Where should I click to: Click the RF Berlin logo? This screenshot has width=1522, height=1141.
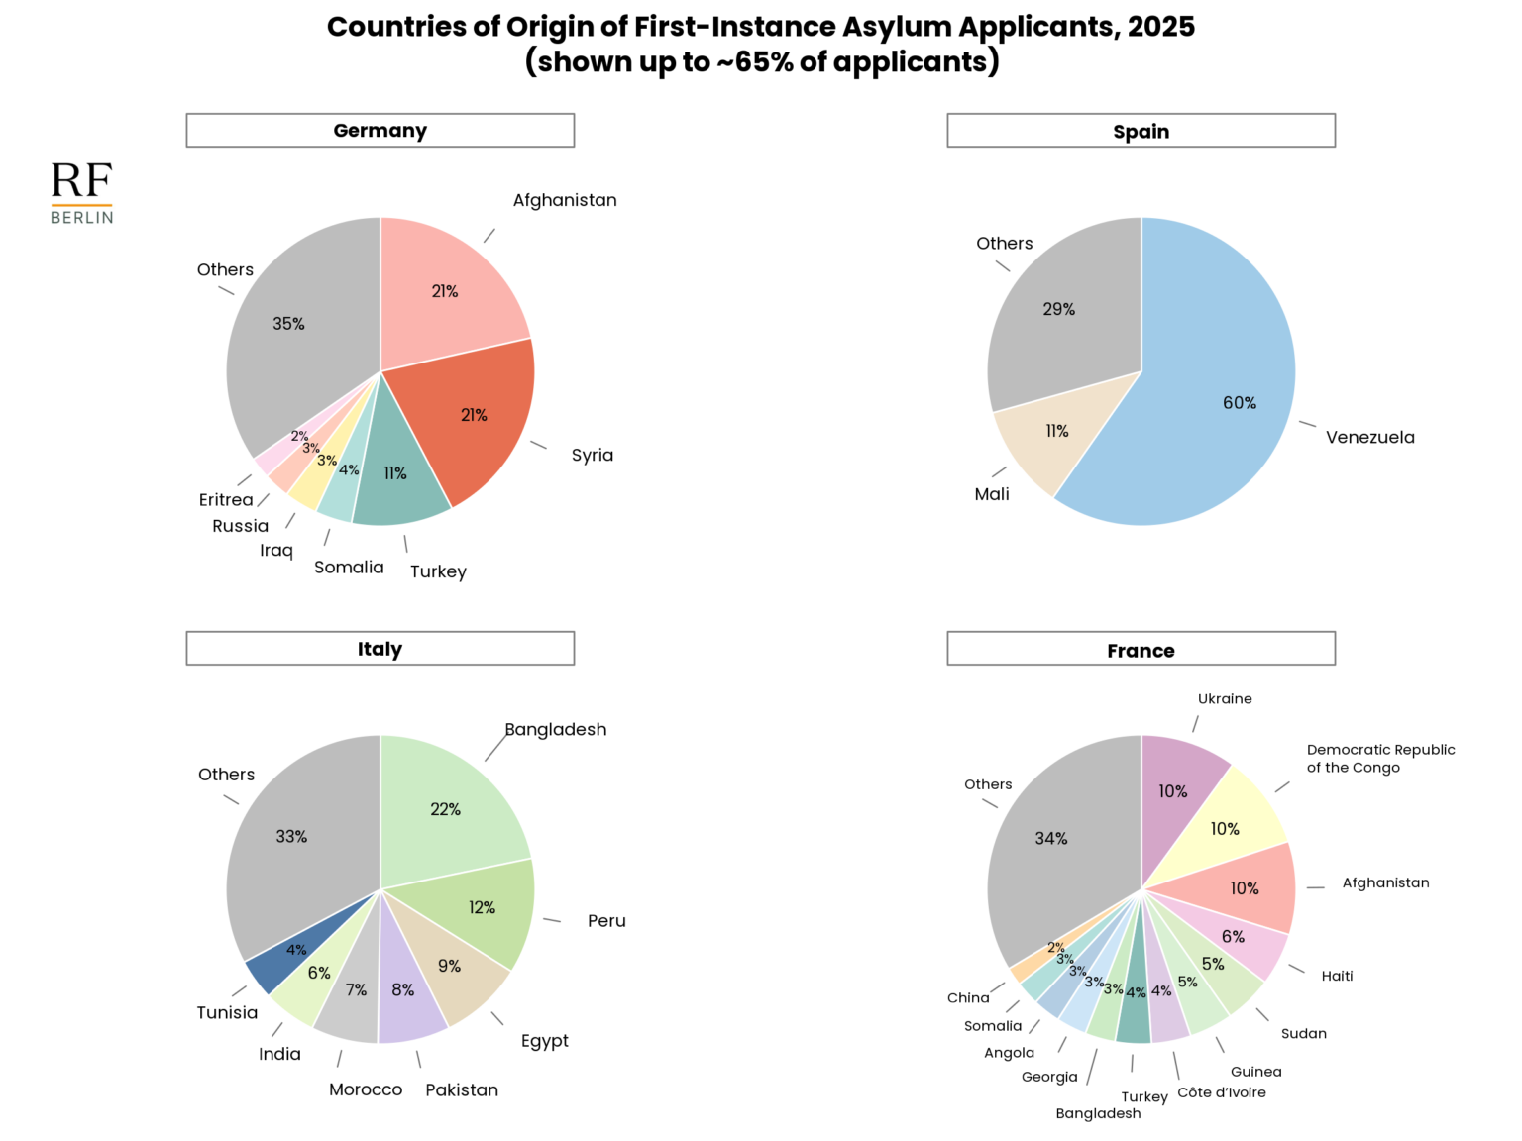pyautogui.click(x=81, y=193)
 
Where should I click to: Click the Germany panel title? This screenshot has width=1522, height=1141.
pyautogui.click(x=380, y=131)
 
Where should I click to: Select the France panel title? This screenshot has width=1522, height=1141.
pyautogui.click(x=1141, y=650)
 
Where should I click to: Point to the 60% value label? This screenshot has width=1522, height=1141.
pyautogui.click(x=1239, y=403)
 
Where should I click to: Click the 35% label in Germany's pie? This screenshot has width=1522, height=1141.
pyautogui.click(x=288, y=324)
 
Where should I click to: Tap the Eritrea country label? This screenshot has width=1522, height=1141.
pyautogui.click(x=226, y=500)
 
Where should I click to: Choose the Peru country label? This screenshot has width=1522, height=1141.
pyautogui.click(x=606, y=921)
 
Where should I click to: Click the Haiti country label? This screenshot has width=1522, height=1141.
pyautogui.click(x=1337, y=976)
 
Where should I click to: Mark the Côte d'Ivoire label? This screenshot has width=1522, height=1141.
pyautogui.click(x=1221, y=1092)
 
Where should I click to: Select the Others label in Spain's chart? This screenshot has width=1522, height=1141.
pyautogui.click(x=1004, y=244)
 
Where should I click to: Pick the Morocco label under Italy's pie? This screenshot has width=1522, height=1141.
pyautogui.click(x=366, y=1089)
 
